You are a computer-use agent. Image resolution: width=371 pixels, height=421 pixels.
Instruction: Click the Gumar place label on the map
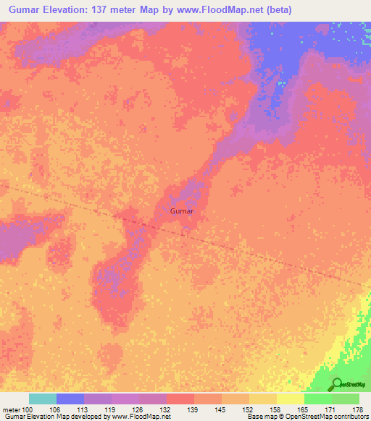[181, 212]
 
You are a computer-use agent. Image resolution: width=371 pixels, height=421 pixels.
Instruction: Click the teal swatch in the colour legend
[43, 399]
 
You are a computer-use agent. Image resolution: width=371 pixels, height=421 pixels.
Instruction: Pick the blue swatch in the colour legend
[70, 399]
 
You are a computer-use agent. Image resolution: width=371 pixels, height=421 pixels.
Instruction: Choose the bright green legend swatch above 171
[318, 399]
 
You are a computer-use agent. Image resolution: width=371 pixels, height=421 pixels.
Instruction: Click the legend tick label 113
[83, 409]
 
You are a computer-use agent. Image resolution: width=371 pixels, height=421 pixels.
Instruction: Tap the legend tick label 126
[139, 409]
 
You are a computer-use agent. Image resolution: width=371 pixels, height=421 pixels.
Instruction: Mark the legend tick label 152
[249, 409]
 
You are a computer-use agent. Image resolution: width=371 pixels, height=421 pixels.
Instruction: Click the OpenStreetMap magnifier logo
[337, 384]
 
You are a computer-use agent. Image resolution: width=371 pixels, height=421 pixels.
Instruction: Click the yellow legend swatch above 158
[263, 399]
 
